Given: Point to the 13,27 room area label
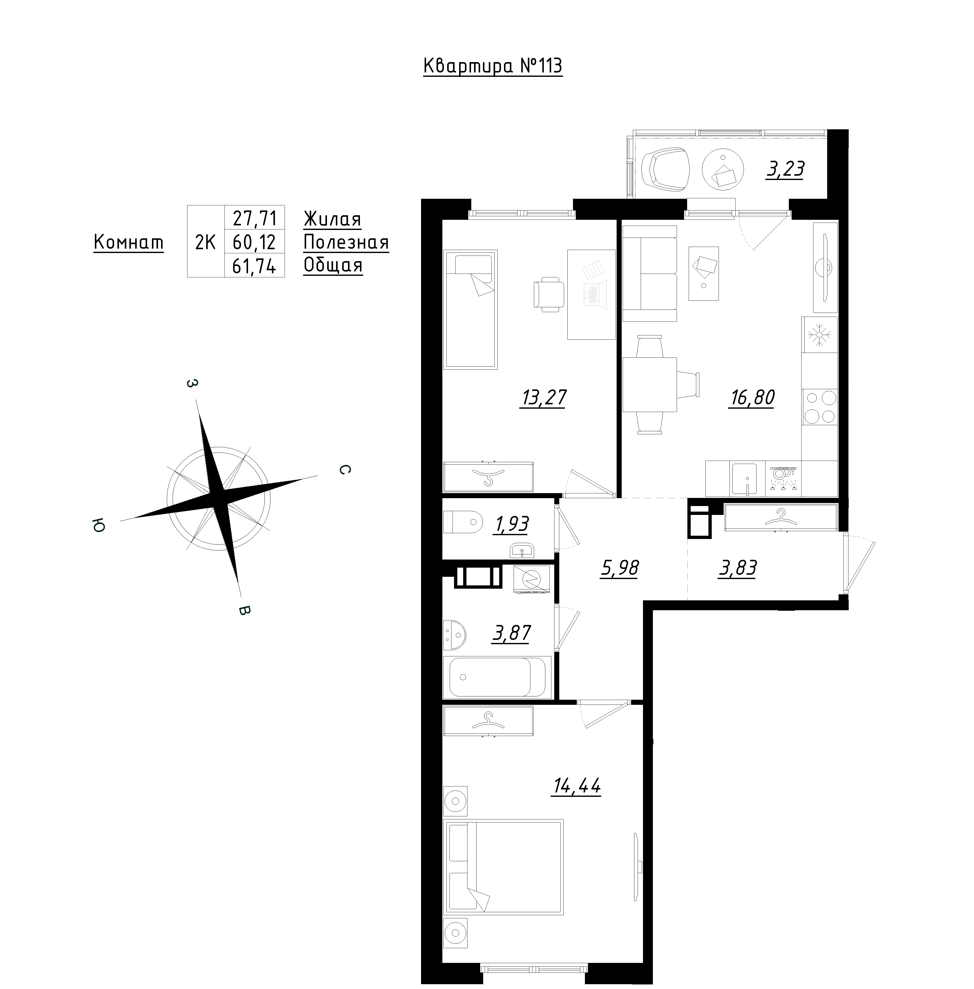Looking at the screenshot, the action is pyautogui.click(x=543, y=397).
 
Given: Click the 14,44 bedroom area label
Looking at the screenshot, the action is pyautogui.click(x=577, y=786).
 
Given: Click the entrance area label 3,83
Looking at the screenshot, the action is pyautogui.click(x=738, y=568).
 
